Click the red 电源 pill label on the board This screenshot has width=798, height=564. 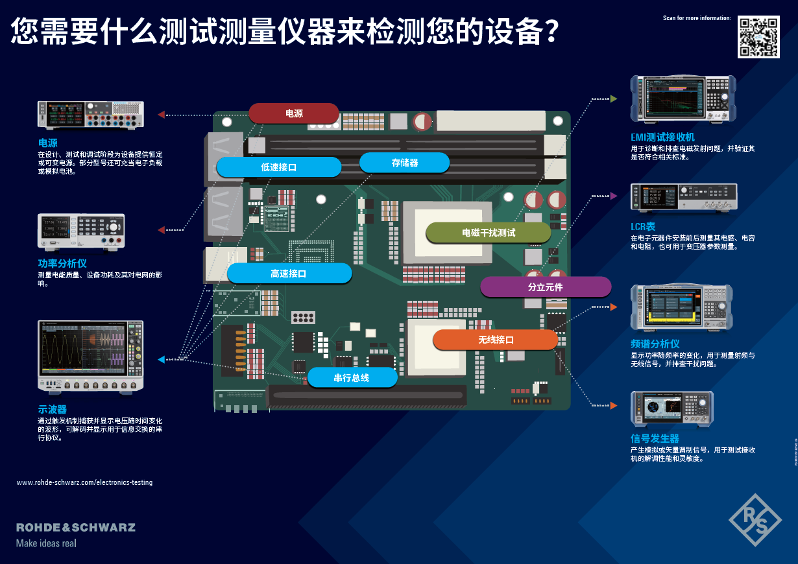[x=294, y=113]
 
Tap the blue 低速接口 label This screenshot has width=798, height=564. [x=278, y=167]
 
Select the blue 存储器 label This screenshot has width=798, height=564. [x=404, y=163]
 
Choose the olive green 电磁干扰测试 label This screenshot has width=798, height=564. [x=488, y=233]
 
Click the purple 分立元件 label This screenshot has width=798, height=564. [x=545, y=287]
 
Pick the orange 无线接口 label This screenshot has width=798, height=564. [x=496, y=340]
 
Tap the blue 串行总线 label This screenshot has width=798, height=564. [x=352, y=377]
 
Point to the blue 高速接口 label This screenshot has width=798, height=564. [x=289, y=274]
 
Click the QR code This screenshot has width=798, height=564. [x=758, y=36]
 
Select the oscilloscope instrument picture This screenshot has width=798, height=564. [x=90, y=357]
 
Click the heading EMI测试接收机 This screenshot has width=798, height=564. [x=662, y=137]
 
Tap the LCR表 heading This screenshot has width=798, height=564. [x=643, y=227]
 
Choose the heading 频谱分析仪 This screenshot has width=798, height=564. [x=655, y=344]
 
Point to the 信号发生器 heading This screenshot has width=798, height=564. [x=655, y=439]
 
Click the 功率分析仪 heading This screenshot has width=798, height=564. [x=62, y=264]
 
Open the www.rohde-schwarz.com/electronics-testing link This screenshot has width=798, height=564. [x=84, y=482]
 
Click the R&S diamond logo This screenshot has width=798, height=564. [x=755, y=519]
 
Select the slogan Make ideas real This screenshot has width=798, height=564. [x=46, y=543]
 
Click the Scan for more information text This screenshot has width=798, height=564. [x=697, y=18]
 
